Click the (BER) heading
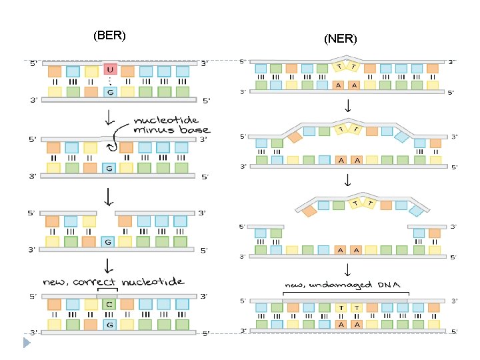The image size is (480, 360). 109,35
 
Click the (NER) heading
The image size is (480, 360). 341,39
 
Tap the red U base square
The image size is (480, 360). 110,69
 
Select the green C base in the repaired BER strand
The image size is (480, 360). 109,304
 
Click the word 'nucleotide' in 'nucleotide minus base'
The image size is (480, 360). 166,120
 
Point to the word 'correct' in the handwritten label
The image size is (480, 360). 94,281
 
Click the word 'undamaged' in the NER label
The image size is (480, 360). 341,285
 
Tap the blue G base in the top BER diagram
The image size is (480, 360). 110,92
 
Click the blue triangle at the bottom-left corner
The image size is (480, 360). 27,343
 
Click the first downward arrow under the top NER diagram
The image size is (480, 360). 348,105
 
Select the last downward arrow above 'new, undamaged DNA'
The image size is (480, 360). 347,270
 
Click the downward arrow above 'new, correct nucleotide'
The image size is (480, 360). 109,266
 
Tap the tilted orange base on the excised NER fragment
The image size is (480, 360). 309,211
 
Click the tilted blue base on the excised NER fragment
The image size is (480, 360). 416,211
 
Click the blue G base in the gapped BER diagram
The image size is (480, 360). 108,242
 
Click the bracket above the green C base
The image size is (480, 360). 107,289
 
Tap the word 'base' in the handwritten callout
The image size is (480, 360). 195,129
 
